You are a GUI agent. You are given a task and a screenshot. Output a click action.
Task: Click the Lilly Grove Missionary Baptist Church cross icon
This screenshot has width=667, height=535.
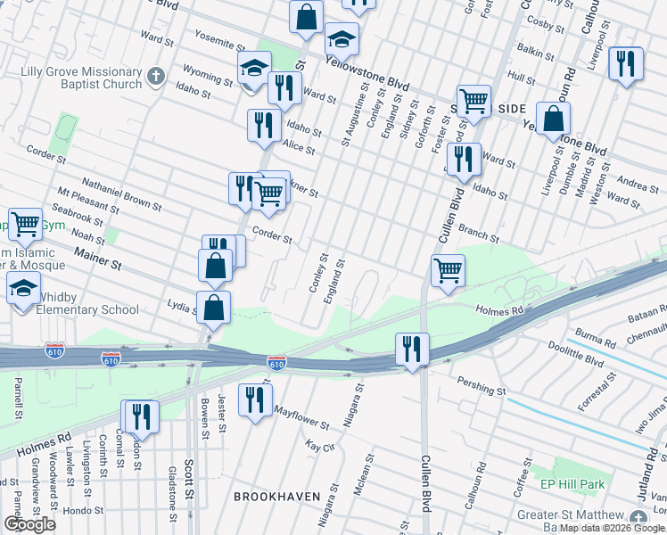[156, 75]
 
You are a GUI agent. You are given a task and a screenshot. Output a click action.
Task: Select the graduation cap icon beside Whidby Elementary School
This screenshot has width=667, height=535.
[23, 288]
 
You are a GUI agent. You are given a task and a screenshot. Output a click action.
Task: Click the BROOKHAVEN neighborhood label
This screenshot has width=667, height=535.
[270, 495]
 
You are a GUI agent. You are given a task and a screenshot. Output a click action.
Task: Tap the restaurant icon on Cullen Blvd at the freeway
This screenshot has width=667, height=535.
[412, 348]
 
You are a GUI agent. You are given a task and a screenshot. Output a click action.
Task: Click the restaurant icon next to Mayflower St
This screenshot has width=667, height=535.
[255, 399]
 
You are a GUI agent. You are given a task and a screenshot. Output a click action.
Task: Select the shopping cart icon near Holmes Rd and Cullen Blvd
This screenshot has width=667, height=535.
[447, 269]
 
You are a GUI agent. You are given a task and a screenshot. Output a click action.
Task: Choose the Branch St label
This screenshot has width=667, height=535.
[479, 234]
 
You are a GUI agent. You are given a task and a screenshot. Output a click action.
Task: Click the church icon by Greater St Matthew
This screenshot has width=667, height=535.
[638, 517]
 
